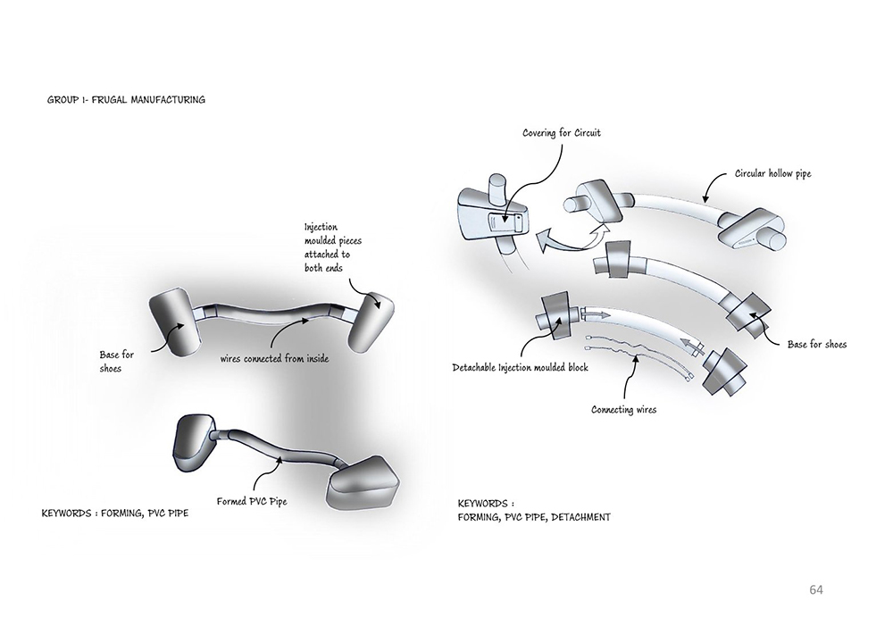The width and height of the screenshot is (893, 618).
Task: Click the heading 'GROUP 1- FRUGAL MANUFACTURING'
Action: point(126,100)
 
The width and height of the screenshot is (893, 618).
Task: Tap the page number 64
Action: point(815,589)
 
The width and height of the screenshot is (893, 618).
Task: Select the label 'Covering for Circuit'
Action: point(562,133)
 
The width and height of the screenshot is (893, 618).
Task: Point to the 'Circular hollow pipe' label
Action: point(773,173)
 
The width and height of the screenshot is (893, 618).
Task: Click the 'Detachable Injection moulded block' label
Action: point(520,367)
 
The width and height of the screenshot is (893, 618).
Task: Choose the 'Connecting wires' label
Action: point(623,410)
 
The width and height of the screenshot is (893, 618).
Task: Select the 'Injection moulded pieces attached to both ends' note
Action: point(332,246)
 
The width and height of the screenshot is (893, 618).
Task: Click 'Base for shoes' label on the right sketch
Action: point(816,344)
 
